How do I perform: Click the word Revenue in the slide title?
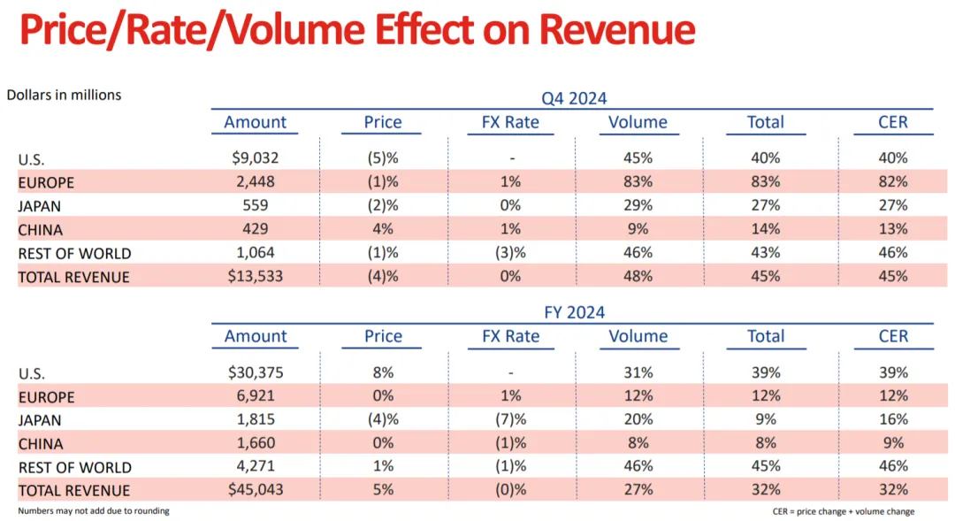pos(617,30)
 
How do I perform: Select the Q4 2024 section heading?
pos(574,98)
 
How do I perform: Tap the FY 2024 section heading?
pos(574,312)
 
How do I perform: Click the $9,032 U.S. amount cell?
pos(256,158)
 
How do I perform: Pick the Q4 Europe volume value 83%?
pos(638,182)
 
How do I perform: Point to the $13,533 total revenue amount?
pos(256,276)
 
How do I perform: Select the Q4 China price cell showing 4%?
pos(383,229)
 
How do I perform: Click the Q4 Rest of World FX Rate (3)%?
pos(510,253)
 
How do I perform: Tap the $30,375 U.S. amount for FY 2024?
pos(256,372)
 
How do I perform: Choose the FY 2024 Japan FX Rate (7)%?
pos(510,419)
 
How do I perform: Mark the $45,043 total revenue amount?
pos(256,490)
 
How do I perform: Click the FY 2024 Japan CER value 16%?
pos(893,419)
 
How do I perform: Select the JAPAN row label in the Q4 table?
pos(41,206)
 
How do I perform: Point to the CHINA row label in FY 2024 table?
pos(41,444)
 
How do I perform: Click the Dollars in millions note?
pos(64,95)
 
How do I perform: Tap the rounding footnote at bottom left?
pos(94,511)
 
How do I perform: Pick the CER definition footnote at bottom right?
pos(843,511)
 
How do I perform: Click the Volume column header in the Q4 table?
pos(638,122)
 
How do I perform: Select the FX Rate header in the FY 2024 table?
pos(510,336)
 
